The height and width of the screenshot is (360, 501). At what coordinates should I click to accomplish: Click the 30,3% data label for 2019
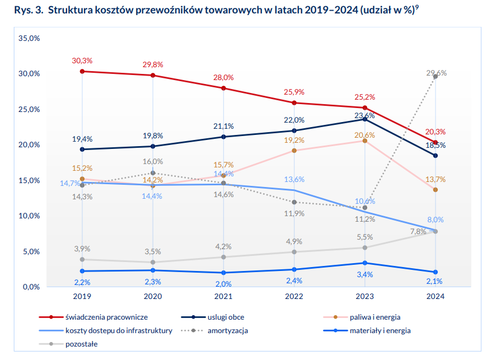coord(82,60)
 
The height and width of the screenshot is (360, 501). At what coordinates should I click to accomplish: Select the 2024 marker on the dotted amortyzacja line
coord(435,77)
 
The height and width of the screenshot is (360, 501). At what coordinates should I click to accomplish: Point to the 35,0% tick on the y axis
coord(29,38)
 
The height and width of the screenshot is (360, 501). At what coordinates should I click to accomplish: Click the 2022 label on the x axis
coord(294,296)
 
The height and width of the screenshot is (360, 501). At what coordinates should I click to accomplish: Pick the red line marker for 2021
coord(223,88)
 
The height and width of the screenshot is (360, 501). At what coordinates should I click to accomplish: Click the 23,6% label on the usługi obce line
coord(364,115)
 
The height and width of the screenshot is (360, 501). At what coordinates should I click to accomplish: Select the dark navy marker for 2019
coord(82,149)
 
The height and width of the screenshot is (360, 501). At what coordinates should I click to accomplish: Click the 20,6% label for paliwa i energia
coord(364,135)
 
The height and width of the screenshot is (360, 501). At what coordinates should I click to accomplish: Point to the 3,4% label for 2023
coord(364,274)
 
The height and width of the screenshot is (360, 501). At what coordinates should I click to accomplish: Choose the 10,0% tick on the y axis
coord(29,216)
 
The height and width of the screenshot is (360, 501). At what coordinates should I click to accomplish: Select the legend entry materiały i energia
coord(380,330)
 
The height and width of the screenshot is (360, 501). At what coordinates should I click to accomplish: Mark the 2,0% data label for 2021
coord(223,283)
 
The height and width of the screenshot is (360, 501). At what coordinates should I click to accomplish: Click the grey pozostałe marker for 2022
coord(294,251)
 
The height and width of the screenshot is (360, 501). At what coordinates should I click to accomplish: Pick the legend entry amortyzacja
coord(227,330)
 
